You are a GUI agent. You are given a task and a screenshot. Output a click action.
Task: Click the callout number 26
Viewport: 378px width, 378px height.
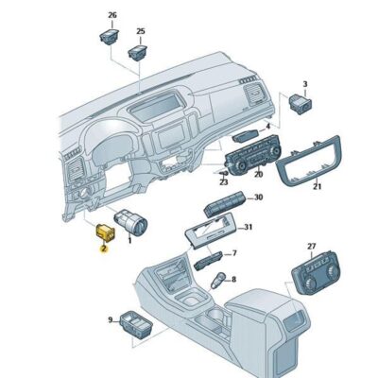point(112,16)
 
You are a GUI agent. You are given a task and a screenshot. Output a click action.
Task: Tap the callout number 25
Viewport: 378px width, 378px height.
point(141,31)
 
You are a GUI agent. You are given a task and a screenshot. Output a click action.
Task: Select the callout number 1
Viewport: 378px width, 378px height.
point(129,242)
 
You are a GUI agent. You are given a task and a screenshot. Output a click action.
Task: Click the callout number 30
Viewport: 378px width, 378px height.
point(258,197)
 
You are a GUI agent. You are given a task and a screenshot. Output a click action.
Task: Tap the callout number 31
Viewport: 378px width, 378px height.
point(249,228)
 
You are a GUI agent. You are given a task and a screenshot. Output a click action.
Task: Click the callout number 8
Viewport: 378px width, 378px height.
point(234,279)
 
